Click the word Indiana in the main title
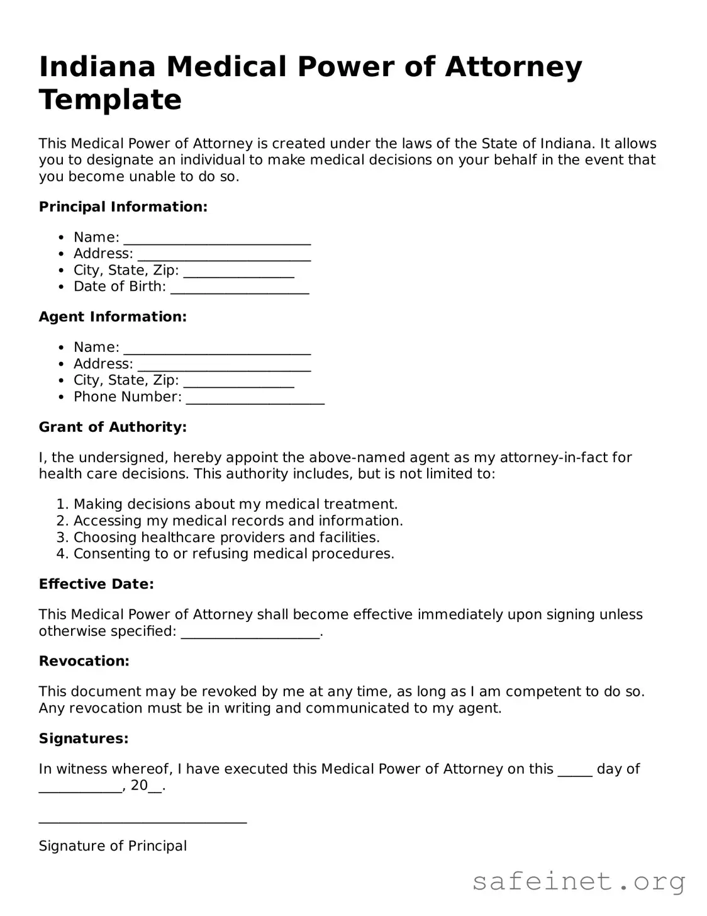click(x=97, y=67)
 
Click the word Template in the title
click(x=110, y=100)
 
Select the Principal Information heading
click(x=123, y=207)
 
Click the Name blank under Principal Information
click(x=217, y=239)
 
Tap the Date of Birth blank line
click(x=240, y=288)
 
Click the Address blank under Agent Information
click(x=224, y=365)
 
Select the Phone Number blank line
click(x=255, y=398)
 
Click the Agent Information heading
click(x=113, y=317)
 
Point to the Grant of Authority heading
click(x=113, y=427)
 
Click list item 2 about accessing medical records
click(x=238, y=521)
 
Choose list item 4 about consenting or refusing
click(x=233, y=554)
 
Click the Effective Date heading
click(x=96, y=584)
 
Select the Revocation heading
click(x=84, y=661)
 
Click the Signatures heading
click(x=84, y=738)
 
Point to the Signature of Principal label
click(x=113, y=846)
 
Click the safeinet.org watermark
click(x=579, y=881)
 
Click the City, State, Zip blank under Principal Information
click(x=239, y=272)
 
